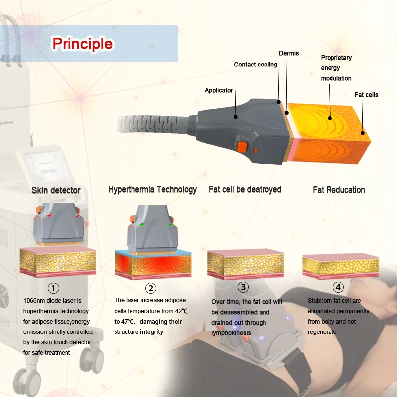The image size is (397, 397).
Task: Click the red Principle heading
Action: click(82, 44)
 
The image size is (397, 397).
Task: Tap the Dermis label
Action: click(289, 53)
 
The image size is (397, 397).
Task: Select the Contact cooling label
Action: click(256, 65)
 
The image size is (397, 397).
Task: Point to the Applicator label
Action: click(219, 90)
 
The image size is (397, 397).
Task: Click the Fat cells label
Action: click(366, 94)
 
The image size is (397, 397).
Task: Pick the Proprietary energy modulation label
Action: click(336, 68)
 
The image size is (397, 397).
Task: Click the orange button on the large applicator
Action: click(242, 147)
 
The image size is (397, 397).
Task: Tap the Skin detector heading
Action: click(56, 190)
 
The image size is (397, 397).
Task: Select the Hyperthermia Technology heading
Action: click(152, 189)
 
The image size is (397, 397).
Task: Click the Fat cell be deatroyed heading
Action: click(245, 189)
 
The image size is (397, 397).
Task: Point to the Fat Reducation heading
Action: click(338, 190)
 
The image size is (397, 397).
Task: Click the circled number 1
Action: click(53, 288)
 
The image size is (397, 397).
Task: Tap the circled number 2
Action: click(150, 288)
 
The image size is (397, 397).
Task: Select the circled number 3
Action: click(243, 287)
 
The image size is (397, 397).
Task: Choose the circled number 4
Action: click(338, 287)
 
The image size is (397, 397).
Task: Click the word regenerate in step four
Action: click(322, 331)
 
